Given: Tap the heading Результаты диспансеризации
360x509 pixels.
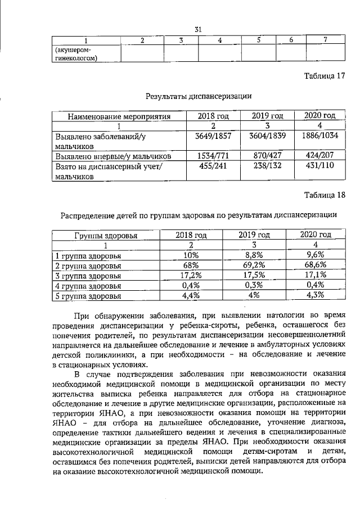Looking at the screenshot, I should [x=198, y=96].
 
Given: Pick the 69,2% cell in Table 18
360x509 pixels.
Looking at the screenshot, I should [x=254, y=265].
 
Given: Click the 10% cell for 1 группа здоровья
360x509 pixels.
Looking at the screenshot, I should [x=191, y=255].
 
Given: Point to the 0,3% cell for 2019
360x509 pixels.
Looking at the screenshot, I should [x=254, y=285].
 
